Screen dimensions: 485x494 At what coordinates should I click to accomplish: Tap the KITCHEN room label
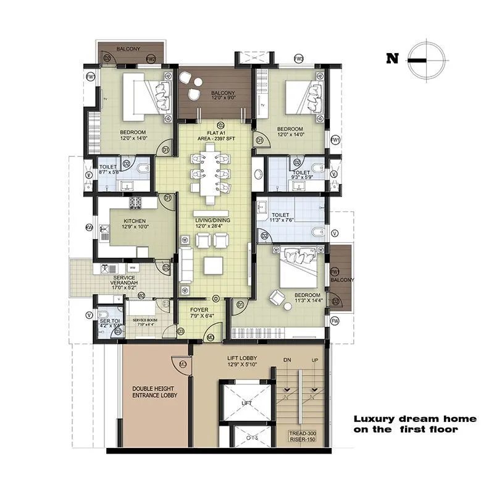135,221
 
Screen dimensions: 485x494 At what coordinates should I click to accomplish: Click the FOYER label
199,310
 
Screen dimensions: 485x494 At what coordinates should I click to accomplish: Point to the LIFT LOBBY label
243,358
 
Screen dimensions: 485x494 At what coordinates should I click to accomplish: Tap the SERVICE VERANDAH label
124,279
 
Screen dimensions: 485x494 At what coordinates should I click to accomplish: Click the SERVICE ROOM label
144,320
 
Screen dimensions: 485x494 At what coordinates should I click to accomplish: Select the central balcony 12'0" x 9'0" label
216,95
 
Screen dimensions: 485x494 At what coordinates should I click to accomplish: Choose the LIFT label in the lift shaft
246,403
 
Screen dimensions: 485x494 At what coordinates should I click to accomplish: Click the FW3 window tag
299,59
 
